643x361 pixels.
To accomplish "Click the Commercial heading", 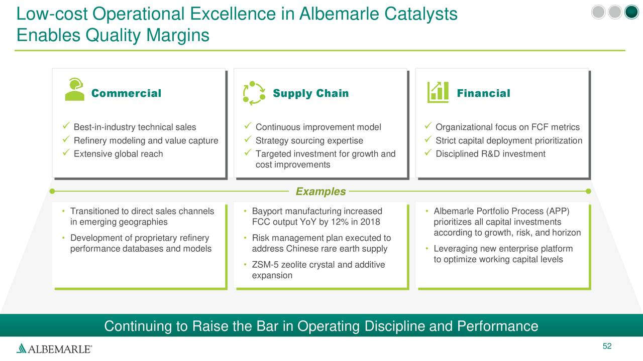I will (126, 93).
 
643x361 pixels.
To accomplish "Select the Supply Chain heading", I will (310, 93).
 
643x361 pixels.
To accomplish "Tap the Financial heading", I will (483, 93).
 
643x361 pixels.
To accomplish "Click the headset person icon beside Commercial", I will (74, 90).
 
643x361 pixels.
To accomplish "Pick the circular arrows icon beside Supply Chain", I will (254, 93).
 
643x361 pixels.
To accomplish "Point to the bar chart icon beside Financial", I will (438, 92).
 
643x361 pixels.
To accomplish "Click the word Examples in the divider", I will (320, 192).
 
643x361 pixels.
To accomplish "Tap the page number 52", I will (607, 346).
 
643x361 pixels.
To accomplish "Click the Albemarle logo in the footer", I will (54, 348).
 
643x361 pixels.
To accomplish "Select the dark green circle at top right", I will (631, 13).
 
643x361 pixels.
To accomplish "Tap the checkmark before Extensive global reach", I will (66, 153).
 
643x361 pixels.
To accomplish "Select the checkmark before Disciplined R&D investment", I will (428, 153).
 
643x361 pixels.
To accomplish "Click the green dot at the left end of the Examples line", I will (52, 191).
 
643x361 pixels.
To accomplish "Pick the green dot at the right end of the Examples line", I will (588, 191).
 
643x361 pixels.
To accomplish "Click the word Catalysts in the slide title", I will (421, 14).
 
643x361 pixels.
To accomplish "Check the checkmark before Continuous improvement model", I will (247, 127).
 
